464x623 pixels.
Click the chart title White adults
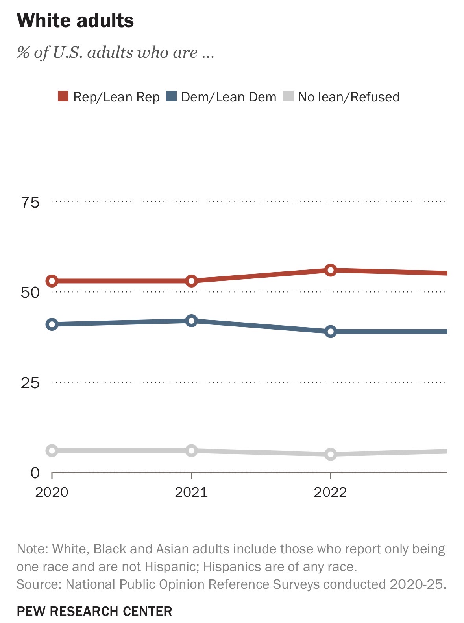75,20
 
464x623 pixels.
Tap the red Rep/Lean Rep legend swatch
63,96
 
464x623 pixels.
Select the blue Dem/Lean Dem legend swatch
171,96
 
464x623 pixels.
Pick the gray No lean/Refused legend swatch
288,96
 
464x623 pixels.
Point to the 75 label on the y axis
30,203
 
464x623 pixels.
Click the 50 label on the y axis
30,293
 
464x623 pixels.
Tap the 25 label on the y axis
30,383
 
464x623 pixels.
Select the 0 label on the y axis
35,473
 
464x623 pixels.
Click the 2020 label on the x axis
52,492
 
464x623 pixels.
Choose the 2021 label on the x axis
191,492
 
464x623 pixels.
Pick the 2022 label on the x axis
330,492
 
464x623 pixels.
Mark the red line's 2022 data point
331,270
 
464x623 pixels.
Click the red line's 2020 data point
52,281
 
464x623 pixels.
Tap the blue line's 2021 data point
191,321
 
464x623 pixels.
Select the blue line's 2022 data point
331,332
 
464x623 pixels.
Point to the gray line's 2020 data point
52,451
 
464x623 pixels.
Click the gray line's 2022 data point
331,454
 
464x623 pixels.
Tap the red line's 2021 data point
191,281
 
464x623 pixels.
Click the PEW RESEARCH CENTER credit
94,611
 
